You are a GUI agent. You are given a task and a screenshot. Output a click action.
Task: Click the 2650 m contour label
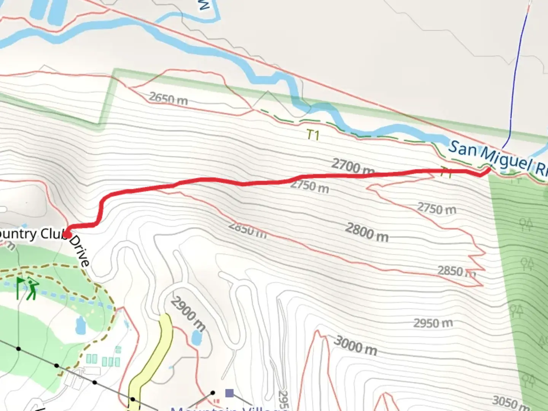(168, 99)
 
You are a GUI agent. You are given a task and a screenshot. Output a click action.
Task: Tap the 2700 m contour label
(352, 167)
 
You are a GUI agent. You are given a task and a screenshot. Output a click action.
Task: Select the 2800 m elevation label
(367, 232)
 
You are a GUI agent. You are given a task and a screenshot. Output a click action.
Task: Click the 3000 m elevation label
(355, 346)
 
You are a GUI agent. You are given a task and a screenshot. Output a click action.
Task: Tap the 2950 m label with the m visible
(433, 323)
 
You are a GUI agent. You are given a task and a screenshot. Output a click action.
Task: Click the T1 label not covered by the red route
(313, 135)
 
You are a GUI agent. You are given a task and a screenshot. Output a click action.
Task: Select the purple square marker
(229, 393)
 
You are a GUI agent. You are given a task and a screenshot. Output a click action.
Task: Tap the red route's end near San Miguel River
(488, 169)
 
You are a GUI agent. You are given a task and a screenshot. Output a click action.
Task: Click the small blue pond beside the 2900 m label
(196, 337)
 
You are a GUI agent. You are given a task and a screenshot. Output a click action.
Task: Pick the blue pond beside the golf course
(81, 325)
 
